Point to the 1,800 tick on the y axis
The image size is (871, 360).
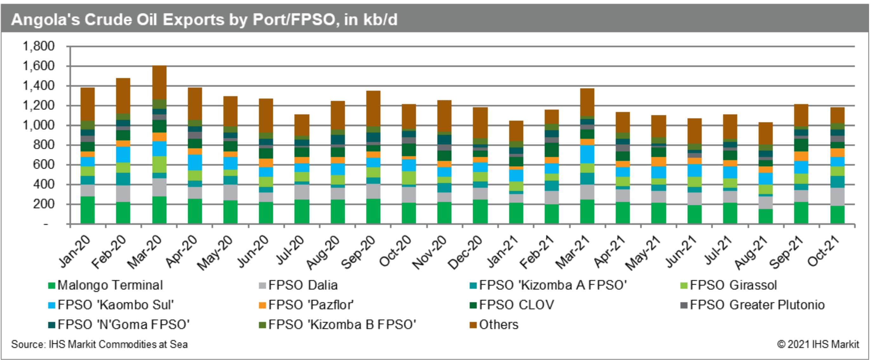pos(38,46)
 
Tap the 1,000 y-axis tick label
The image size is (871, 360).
pos(38,125)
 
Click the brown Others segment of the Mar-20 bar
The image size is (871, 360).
pos(159,82)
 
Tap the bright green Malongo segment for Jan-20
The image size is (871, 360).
pos(88,210)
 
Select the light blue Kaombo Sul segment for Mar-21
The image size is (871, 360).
pos(587,154)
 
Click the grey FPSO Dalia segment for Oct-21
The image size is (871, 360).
pos(837,196)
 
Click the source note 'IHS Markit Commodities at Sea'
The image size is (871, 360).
pos(99,344)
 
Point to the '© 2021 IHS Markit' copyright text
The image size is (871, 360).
pos(818,344)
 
